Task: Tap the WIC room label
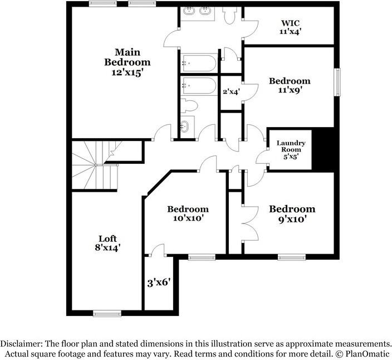[290, 23]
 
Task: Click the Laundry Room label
[290, 146]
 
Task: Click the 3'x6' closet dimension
[158, 282]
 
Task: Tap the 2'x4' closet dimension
[231, 92]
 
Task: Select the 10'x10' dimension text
[188, 218]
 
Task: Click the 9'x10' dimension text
[292, 219]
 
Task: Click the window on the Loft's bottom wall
[107, 313]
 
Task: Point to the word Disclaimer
[24, 344]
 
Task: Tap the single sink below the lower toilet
[185, 127]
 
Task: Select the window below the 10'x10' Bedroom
[201, 257]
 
